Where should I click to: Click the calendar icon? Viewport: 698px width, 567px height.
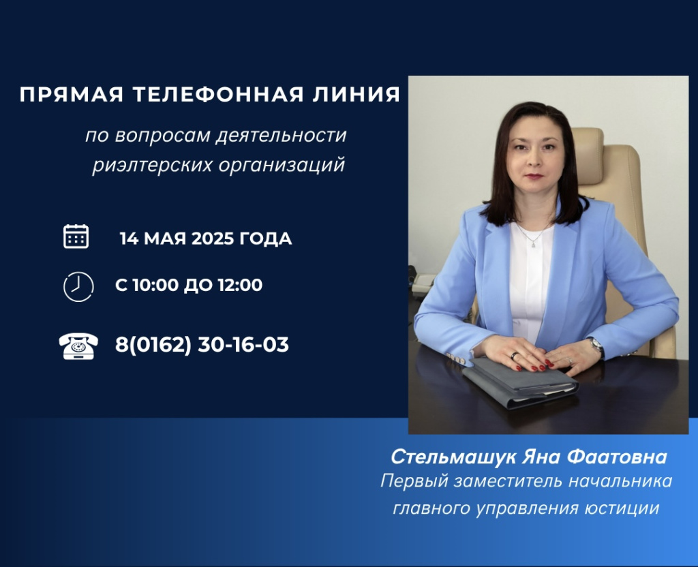[76, 236]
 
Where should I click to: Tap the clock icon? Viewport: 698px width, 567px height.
[78, 286]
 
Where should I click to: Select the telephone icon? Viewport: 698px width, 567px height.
[78, 346]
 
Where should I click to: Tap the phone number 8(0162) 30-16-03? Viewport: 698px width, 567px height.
[202, 345]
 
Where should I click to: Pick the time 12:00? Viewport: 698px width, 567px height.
[240, 286]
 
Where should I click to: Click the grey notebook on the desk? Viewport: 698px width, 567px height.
[518, 382]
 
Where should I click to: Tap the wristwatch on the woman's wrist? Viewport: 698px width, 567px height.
[595, 346]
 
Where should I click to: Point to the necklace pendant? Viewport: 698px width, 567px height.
[534, 244]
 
